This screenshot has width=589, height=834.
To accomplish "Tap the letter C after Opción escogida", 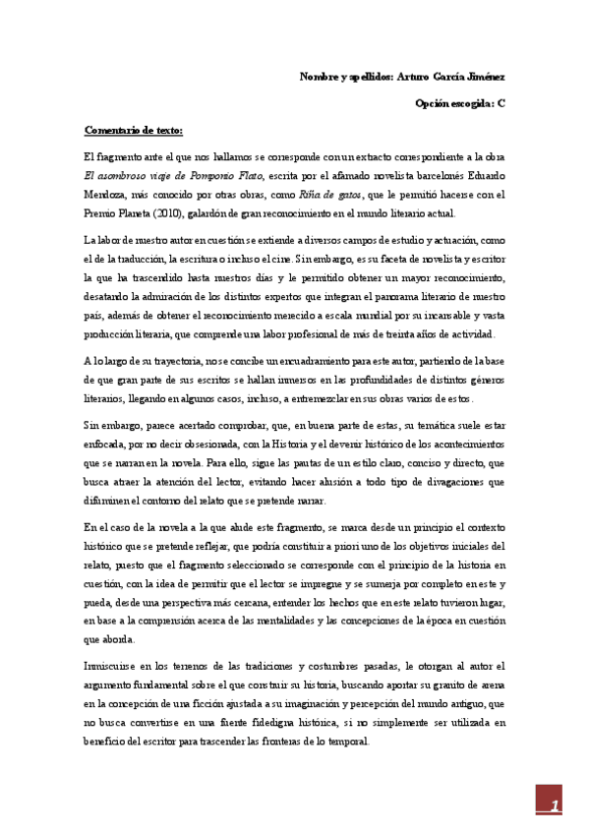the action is coord(501,102).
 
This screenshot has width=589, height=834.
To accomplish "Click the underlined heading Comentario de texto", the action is coord(134,129).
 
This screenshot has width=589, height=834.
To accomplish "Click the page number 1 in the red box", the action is coord(555,805).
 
